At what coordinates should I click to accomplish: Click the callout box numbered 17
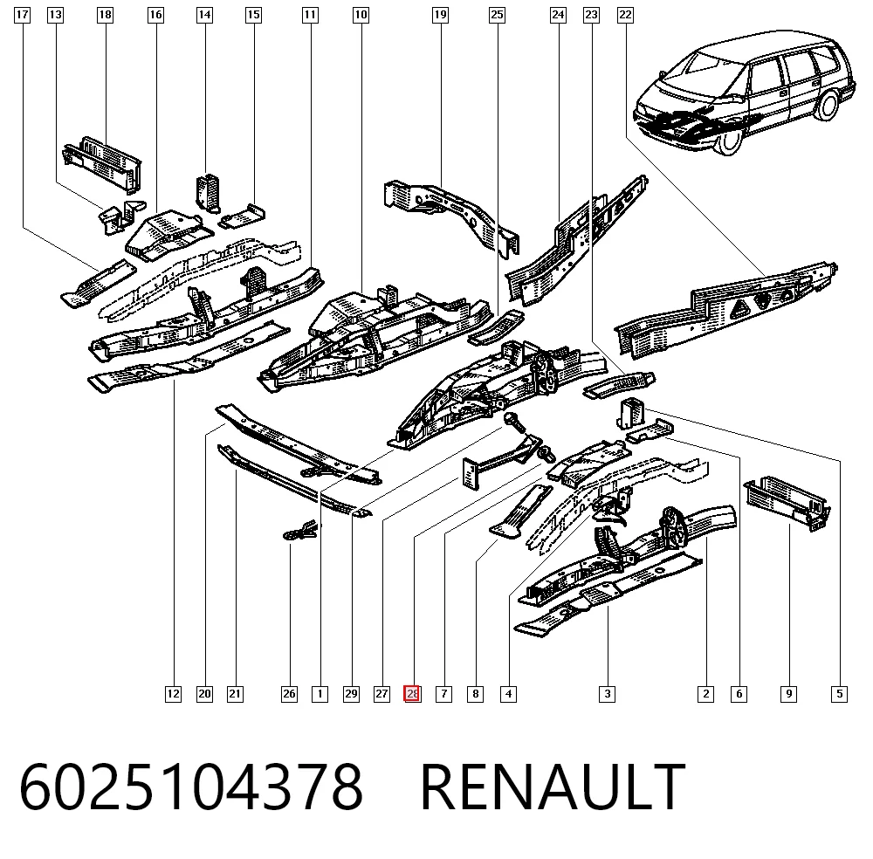22,15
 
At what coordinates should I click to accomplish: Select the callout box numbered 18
105,15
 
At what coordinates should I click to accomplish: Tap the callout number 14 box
205,15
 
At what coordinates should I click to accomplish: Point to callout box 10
361,15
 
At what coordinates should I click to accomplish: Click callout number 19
440,15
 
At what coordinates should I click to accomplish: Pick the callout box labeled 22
625,15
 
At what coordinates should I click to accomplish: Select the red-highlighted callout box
412,694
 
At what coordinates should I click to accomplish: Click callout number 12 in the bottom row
173,694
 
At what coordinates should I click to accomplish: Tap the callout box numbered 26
289,694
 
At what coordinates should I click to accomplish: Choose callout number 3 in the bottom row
607,694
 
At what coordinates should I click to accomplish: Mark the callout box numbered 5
839,694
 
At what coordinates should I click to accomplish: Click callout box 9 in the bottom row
788,694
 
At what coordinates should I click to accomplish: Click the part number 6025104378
191,787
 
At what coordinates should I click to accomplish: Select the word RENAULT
553,787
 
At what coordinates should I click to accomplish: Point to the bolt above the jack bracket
514,423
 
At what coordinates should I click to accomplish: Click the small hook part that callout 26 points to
301,530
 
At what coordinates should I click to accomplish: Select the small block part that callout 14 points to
208,193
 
